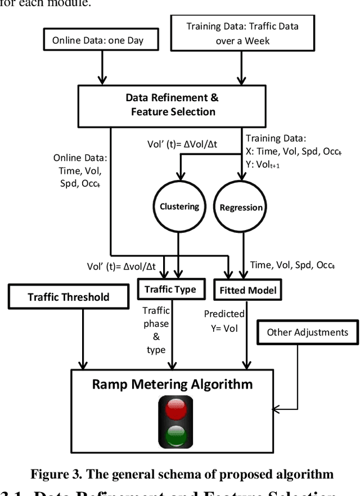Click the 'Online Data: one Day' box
[97, 40]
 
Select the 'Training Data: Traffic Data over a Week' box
[242, 33]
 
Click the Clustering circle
[179, 206]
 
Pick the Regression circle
[241, 208]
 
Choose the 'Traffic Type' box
[170, 290]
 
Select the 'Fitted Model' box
[247, 290]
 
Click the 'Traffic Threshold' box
[69, 296]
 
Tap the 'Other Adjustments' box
[307, 332]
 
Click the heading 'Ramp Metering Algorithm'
[172, 385]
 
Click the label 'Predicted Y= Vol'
[224, 321]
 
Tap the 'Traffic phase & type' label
[156, 330]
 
